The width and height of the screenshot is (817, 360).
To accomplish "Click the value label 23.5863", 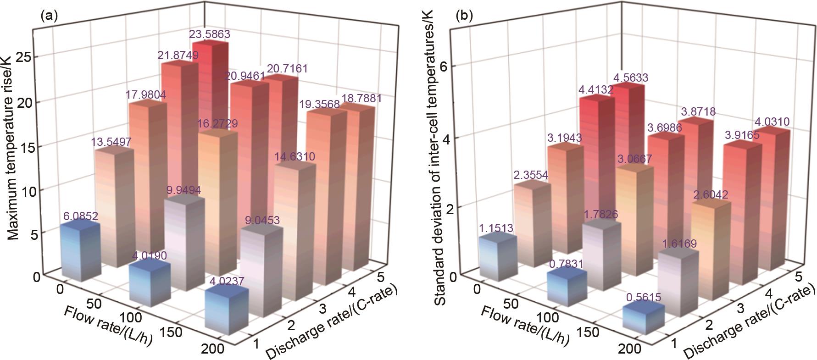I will coord(210,34).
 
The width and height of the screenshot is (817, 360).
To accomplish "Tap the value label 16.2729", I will coord(218,124).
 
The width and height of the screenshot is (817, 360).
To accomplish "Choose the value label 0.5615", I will coord(643,297).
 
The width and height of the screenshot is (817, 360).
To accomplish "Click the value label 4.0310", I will coord(773,122).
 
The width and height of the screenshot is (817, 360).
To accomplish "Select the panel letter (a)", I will coord(49,17).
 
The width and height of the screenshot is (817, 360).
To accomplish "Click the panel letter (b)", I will coord(464,17).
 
